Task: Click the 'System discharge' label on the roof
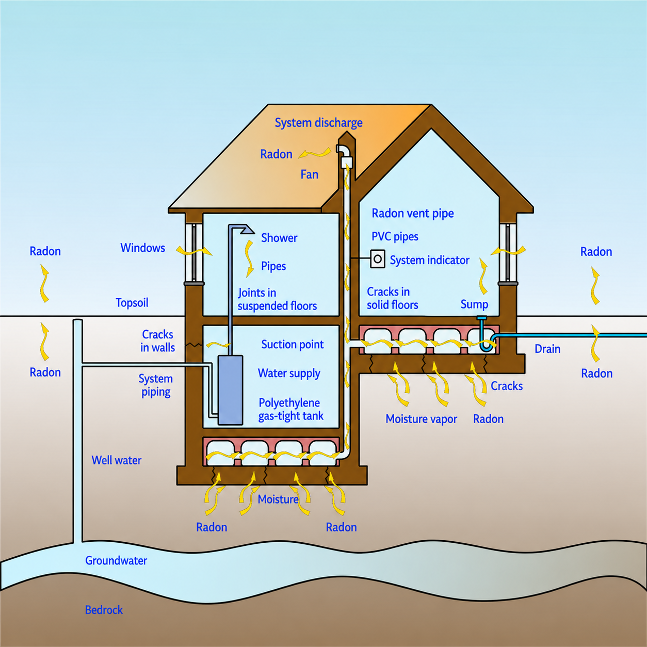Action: tap(319, 123)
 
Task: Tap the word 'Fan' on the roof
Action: tap(309, 174)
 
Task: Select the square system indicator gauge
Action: tap(377, 259)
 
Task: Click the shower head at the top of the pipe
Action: tap(247, 229)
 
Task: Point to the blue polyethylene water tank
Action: tap(230, 390)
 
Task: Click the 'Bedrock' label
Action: tap(104, 610)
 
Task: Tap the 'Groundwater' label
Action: tap(116, 560)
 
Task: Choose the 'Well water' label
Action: tap(117, 460)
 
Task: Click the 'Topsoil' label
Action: tap(132, 303)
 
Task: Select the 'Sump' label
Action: tap(474, 304)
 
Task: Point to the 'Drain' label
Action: tap(547, 349)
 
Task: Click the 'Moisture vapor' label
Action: tap(421, 419)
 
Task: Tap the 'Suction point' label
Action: tap(293, 345)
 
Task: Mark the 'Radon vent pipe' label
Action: tap(413, 214)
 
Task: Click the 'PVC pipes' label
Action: tap(395, 237)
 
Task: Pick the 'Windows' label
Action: tap(143, 248)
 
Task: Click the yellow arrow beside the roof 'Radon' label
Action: tap(315, 153)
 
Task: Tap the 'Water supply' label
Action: tap(289, 374)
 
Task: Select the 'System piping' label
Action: tap(156, 385)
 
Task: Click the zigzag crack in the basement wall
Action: tap(194, 345)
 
